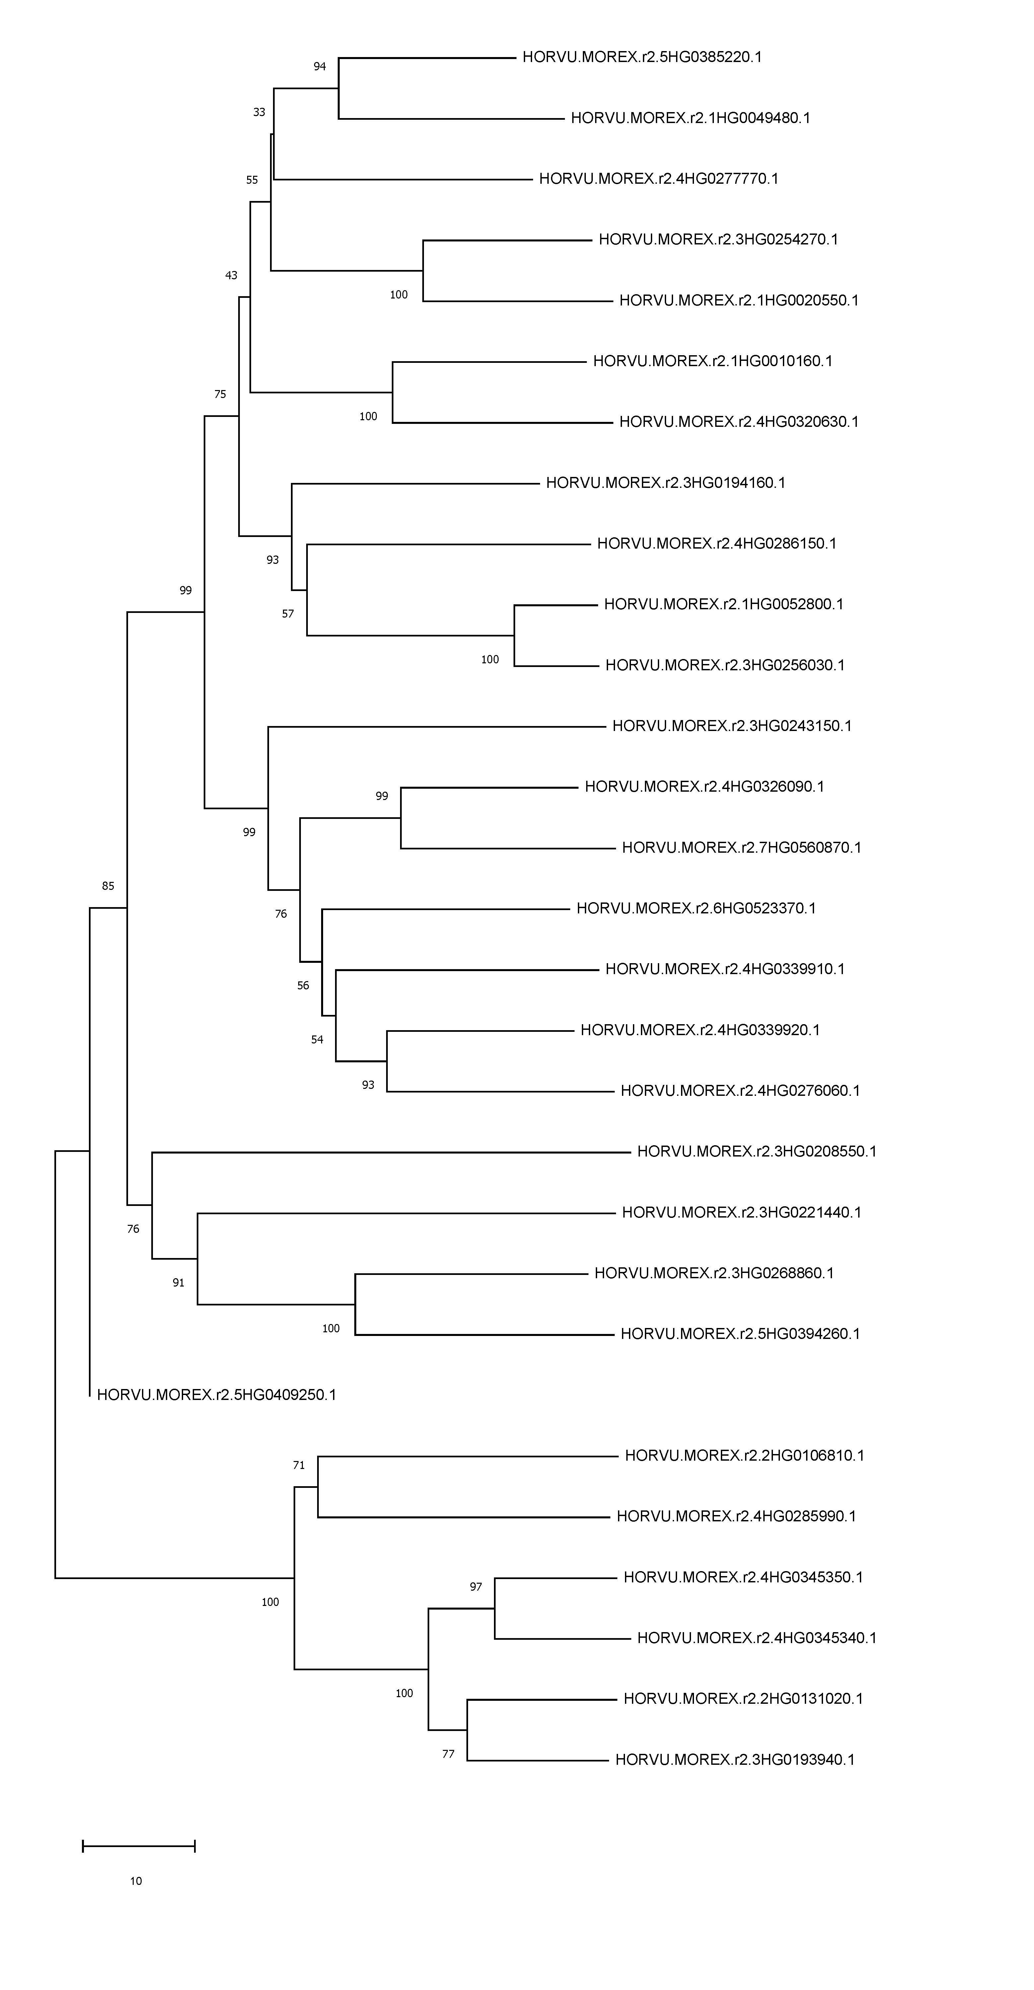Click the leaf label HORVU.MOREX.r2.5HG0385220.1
642,57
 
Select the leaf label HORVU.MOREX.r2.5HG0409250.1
216,1394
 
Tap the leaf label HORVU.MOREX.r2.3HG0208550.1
757,1151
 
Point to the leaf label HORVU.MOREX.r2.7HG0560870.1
741,847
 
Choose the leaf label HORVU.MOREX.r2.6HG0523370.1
696,908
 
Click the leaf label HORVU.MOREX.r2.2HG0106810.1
744,1455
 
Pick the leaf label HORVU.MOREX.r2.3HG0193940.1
735,1760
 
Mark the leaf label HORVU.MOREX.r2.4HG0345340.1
757,1638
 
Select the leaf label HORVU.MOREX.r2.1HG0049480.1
690,118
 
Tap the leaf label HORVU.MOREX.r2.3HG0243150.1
732,726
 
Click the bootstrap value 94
320,66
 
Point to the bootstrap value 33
260,112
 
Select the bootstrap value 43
231,275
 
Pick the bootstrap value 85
108,886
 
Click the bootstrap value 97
476,1587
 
